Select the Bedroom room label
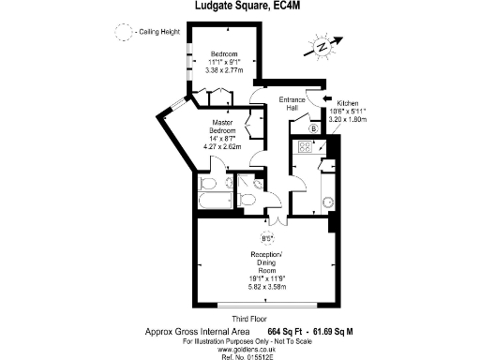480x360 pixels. [x=224, y=52]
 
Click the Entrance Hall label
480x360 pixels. [x=293, y=106]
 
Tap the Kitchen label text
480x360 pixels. [x=347, y=104]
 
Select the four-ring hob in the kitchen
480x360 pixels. [x=306, y=146]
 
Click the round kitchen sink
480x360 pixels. [x=326, y=201]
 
